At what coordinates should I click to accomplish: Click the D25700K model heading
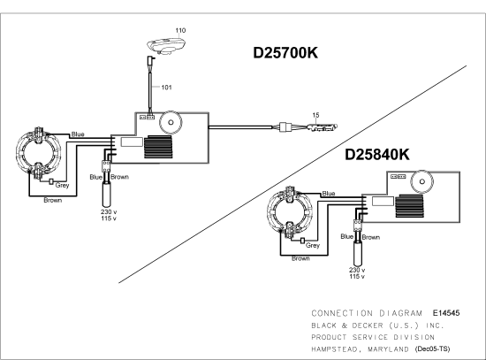coord(285,53)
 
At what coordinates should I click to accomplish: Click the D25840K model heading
coord(377,155)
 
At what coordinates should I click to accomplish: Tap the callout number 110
coord(180,30)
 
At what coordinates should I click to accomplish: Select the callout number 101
coord(166,88)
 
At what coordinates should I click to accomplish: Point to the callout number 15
coord(315,115)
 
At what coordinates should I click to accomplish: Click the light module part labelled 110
coord(167,46)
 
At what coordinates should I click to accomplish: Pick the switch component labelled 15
coord(323,127)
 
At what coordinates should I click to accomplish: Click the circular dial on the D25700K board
coord(171,122)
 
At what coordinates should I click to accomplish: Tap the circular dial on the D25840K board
coord(421,181)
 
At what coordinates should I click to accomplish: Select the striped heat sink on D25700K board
coord(158,147)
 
